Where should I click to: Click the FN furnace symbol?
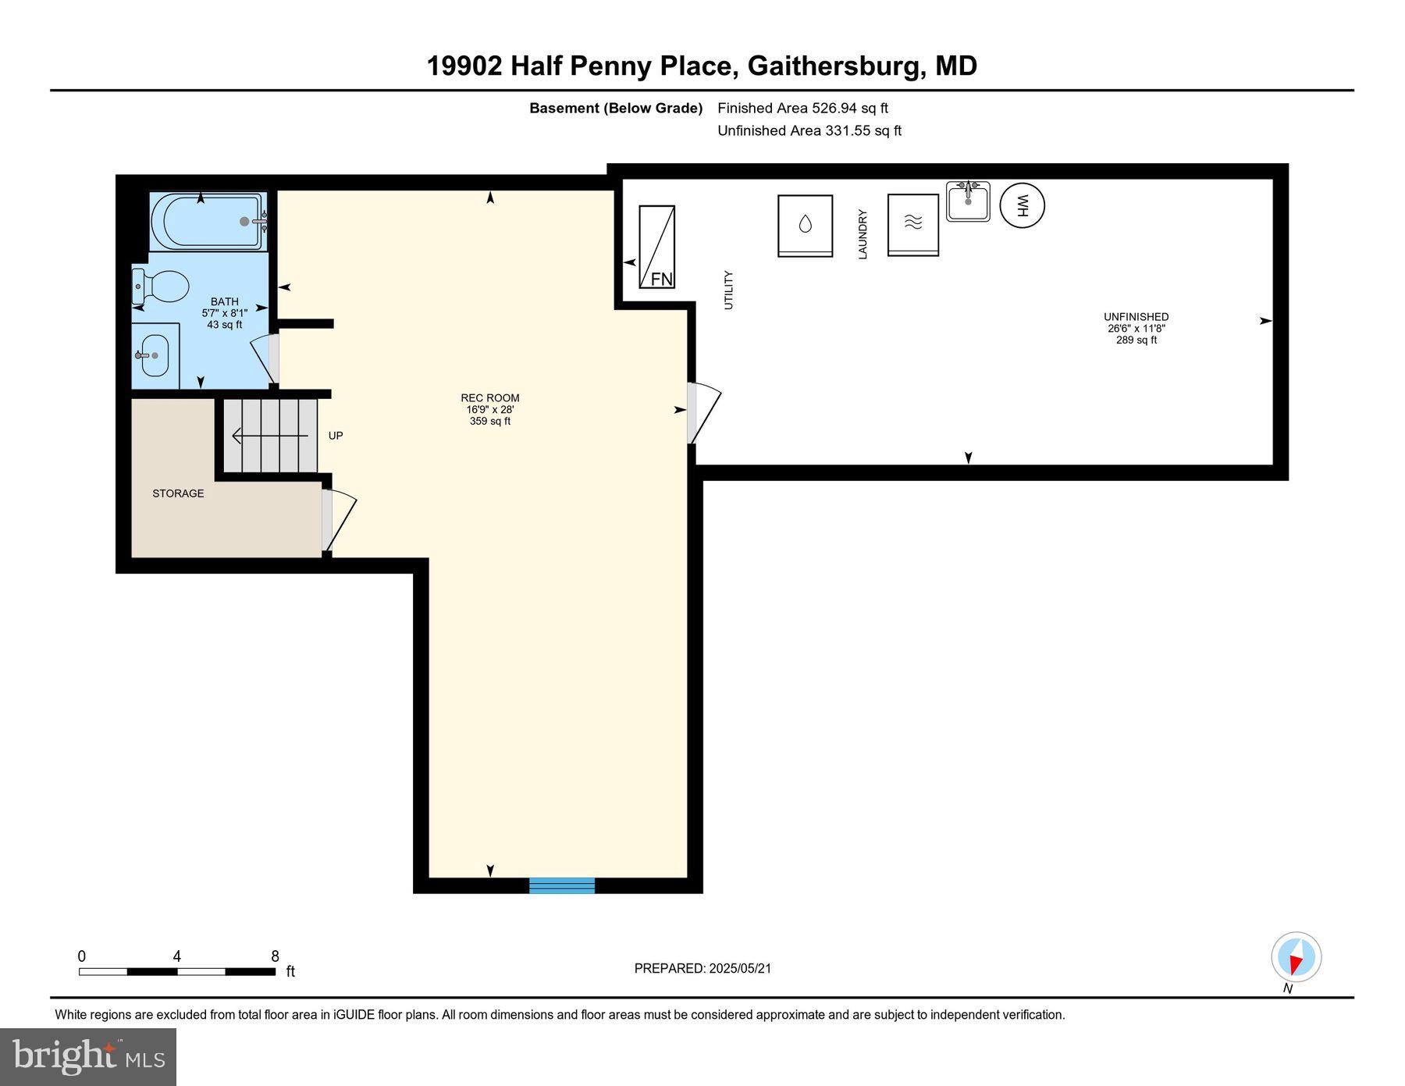[656, 247]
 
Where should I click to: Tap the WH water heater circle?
[1022, 205]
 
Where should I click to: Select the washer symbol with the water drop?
[805, 226]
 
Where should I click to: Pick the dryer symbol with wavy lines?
[912, 225]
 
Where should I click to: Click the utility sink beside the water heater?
[968, 201]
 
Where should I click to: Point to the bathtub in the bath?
[208, 222]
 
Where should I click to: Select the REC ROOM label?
[489, 398]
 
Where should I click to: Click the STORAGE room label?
[178, 493]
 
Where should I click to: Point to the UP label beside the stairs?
[336, 436]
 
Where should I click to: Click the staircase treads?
[270, 436]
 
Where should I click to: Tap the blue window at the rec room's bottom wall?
[562, 885]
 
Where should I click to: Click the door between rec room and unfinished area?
[702, 412]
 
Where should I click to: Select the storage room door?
[338, 519]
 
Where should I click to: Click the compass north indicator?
[1296, 956]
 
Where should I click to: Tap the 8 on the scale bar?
[275, 956]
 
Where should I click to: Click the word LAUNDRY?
[863, 234]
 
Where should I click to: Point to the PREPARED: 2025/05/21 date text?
[702, 968]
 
